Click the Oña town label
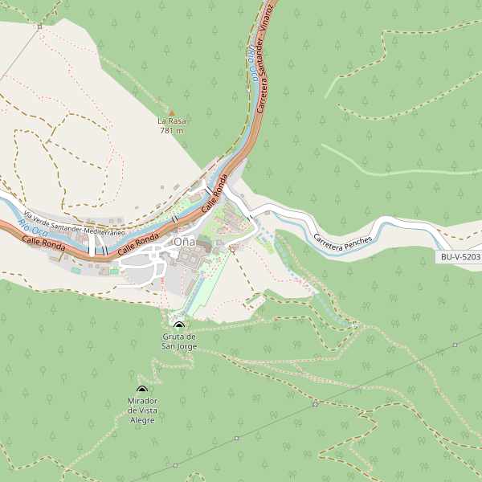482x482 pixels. (184, 242)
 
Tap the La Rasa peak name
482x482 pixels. (172, 121)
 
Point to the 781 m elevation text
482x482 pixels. (172, 130)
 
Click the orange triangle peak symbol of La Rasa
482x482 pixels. (171, 112)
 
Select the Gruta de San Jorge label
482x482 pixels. (179, 341)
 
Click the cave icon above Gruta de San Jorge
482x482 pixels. (178, 325)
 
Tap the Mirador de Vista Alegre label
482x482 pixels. (142, 410)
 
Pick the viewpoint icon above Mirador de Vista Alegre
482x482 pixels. (142, 390)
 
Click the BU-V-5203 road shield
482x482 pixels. (460, 258)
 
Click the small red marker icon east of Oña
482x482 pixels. (232, 250)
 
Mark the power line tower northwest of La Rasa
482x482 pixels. (39, 27)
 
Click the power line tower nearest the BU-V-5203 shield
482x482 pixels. (455, 345)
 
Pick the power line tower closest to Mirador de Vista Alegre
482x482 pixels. (237, 439)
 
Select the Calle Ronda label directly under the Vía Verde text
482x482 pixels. (43, 243)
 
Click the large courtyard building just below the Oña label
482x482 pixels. (193, 259)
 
